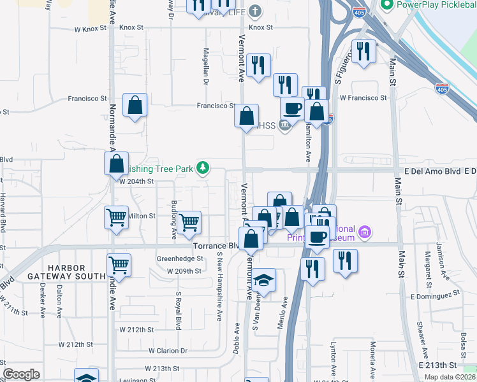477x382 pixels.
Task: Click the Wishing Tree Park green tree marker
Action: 203,168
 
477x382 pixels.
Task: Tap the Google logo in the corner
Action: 21,374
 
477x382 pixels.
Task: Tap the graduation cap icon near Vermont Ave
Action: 263,281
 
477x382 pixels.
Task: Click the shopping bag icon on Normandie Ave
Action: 117,164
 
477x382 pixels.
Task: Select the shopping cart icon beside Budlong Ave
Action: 189,223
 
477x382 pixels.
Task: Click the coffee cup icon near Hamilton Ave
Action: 293,109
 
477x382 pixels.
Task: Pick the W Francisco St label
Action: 363,98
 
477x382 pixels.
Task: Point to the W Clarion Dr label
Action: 168,350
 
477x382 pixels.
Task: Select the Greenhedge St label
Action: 180,259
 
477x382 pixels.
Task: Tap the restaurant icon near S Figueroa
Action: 363,52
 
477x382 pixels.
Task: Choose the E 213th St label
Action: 438,365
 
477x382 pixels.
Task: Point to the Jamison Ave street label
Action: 439,254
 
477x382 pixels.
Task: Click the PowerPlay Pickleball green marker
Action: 386,5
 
